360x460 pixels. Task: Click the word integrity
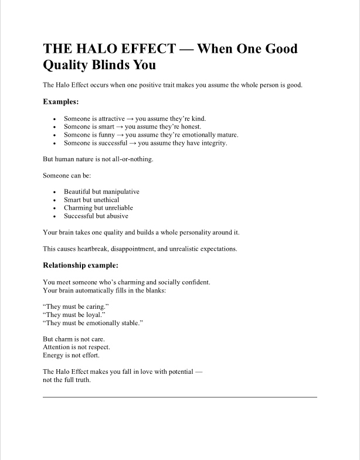[x=213, y=143]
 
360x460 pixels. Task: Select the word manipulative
[x=121, y=192]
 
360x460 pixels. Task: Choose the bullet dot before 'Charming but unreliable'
[x=55, y=208]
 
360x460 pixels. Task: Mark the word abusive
[x=117, y=216]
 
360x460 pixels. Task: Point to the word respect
[x=97, y=347]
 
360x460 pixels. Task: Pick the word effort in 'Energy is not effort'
[x=87, y=355]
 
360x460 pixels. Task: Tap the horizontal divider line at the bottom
[x=180, y=397]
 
